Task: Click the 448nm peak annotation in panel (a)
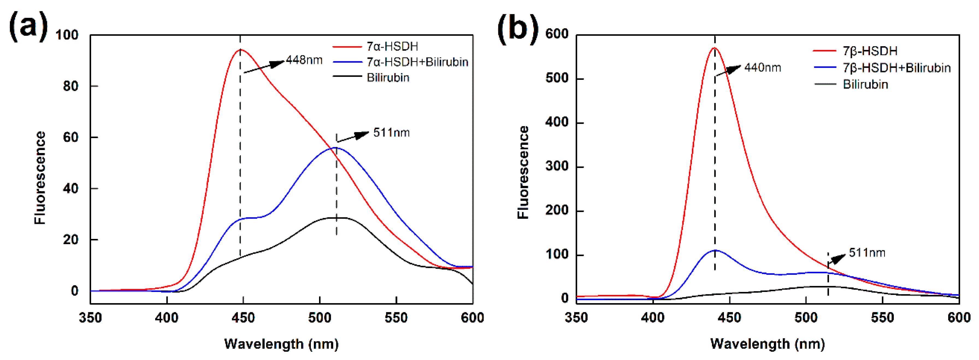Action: click(x=304, y=60)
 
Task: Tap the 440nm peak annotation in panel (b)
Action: click(x=762, y=68)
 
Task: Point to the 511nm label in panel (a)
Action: click(x=391, y=133)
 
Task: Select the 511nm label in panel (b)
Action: click(x=867, y=253)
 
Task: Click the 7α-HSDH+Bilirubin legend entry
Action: click(x=417, y=62)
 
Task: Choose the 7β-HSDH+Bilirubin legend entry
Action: click(x=897, y=68)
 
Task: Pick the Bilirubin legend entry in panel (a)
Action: click(x=388, y=78)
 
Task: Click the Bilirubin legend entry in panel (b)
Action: click(x=865, y=84)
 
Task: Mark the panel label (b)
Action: click(x=518, y=28)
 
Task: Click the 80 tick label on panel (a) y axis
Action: click(x=71, y=86)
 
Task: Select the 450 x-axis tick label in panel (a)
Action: click(x=243, y=318)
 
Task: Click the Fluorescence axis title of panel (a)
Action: click(x=40, y=178)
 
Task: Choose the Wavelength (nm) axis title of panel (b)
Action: click(x=768, y=344)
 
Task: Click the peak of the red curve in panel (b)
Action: click(x=715, y=48)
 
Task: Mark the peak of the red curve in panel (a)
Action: click(x=241, y=50)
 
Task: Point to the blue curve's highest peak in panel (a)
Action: click(x=335, y=148)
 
